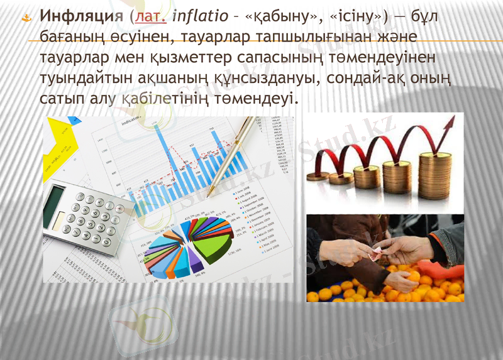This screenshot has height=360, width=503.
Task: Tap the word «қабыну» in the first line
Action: (265, 15)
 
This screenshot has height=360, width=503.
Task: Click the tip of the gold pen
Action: (211, 195)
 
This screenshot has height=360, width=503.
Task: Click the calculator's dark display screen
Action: (54, 205)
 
